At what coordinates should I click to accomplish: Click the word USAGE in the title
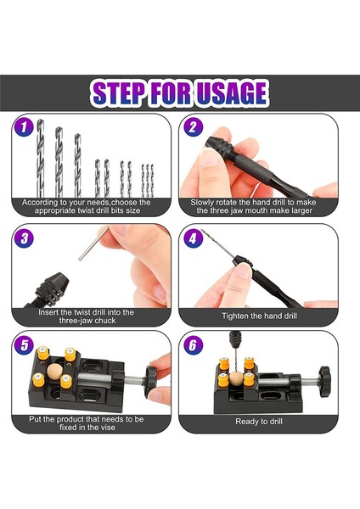point(232,93)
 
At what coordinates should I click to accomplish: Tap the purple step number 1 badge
point(24,127)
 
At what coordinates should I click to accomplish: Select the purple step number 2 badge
point(193,127)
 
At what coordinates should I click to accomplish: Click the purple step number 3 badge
point(24,238)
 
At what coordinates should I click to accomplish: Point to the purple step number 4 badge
point(193,238)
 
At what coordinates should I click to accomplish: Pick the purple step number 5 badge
point(25,345)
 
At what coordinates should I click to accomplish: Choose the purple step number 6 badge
point(193,345)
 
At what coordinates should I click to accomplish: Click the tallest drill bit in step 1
point(40,158)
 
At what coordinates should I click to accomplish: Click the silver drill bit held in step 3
point(94,243)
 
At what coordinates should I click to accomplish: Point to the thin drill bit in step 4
point(217,243)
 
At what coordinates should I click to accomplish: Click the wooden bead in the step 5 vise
point(54,371)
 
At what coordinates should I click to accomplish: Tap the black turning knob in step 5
point(151,382)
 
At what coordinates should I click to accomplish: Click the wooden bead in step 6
point(236,379)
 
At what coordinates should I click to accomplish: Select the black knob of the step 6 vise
point(324,382)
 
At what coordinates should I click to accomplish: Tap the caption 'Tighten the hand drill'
point(259,316)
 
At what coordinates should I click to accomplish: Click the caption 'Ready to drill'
point(259,422)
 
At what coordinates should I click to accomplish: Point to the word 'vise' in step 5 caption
point(107,428)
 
